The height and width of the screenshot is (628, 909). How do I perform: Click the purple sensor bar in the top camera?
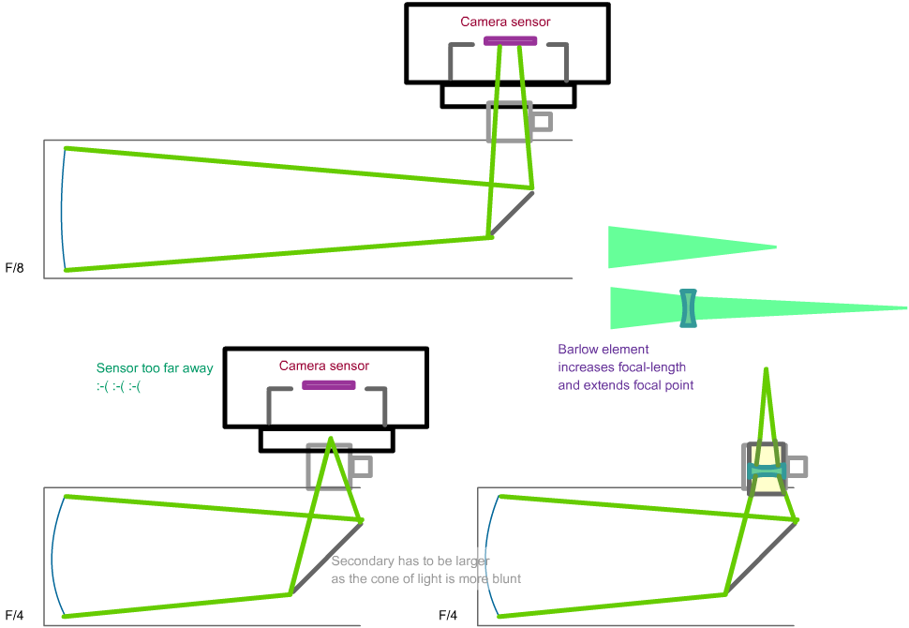coord(510,40)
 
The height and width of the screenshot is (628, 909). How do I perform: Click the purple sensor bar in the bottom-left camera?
coord(328,385)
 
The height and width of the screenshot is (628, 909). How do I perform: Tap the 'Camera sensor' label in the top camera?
coord(505,22)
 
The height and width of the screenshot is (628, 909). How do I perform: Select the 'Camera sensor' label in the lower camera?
coord(324,366)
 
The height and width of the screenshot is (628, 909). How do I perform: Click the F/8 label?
coord(14,269)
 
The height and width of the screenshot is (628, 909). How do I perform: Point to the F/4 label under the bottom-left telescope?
coord(14,616)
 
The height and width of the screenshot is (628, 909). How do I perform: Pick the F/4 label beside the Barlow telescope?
coord(448,616)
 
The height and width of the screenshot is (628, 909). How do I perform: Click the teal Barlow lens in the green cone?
coord(689,308)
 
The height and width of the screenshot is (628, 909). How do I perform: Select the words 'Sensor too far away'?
coord(155,368)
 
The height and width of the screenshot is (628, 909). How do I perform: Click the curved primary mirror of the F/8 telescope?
coord(60,208)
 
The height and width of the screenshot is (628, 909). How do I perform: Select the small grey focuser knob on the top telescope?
coord(542,121)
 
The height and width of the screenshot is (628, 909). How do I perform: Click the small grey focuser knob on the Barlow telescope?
coord(797,466)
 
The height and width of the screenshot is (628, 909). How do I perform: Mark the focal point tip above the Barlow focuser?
coord(767,370)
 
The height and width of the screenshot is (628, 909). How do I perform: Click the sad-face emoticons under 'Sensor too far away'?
coord(119,386)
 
